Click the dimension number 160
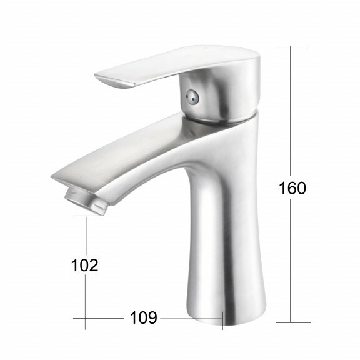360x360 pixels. [292, 188]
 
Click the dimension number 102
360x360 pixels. [85, 265]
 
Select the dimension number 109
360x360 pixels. [144, 317]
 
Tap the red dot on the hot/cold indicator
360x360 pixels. [188, 97]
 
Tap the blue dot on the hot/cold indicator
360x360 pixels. [194, 100]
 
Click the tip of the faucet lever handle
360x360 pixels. [96, 76]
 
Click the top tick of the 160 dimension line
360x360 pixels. [291, 46]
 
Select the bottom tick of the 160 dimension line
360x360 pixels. [293, 322]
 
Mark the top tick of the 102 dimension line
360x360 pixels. [87, 216]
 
